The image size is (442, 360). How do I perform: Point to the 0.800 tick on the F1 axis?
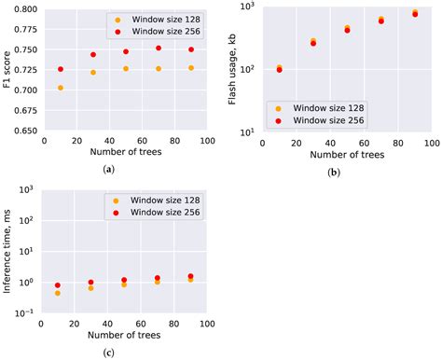pyautogui.click(x=26, y=8)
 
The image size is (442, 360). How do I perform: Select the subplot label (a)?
pyautogui.click(x=110, y=169)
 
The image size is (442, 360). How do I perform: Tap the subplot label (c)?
pyautogui.click(x=110, y=352)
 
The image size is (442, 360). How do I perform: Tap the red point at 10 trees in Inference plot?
pyautogui.click(x=58, y=285)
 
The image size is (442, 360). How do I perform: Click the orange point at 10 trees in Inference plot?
pyautogui.click(x=58, y=293)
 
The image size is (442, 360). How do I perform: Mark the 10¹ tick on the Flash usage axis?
pyautogui.click(x=250, y=132)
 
